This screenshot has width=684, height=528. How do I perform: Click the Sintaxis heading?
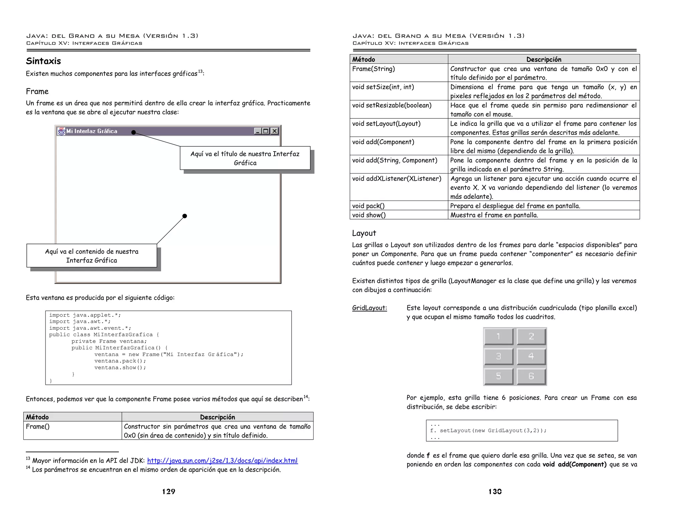coord(43,61)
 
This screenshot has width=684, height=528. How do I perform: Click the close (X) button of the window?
coord(275,131)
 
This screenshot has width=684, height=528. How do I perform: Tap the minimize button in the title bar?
coord(258,131)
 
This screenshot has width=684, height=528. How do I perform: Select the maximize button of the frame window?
coord(266,131)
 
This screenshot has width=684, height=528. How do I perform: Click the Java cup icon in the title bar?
coord(61,131)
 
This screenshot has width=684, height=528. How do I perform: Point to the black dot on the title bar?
coord(134,133)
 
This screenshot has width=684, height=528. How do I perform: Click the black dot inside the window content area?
coord(185,216)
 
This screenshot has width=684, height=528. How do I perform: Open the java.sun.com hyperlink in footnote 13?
coord(222,461)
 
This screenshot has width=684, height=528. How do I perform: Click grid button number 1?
coord(498,336)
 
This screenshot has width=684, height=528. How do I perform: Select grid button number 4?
coord(531,356)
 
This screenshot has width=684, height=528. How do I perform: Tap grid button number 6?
coord(531,376)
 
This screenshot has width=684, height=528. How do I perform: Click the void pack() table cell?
coord(368,206)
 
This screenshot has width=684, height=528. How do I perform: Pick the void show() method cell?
coord(369,215)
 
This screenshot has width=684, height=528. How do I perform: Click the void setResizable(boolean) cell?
coord(391,105)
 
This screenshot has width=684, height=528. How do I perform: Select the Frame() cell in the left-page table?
coord(38,427)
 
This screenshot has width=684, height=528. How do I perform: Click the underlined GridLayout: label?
coord(369,308)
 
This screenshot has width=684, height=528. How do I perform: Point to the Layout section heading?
coord(364,233)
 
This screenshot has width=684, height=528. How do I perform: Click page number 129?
coord(169,491)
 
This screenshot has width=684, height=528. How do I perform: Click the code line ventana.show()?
coord(120,367)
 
